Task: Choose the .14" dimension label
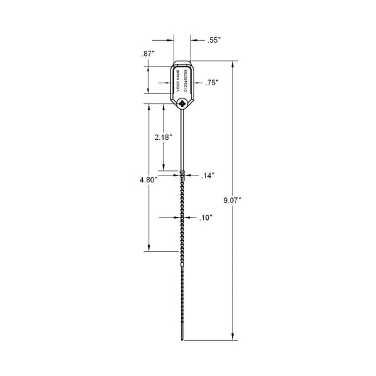(x=208, y=175)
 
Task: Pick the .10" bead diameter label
(x=206, y=218)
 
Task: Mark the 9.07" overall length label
(x=232, y=201)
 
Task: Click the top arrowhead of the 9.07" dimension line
(x=233, y=63)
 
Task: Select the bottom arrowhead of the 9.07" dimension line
(x=233, y=337)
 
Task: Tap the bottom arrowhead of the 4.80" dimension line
(x=149, y=248)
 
